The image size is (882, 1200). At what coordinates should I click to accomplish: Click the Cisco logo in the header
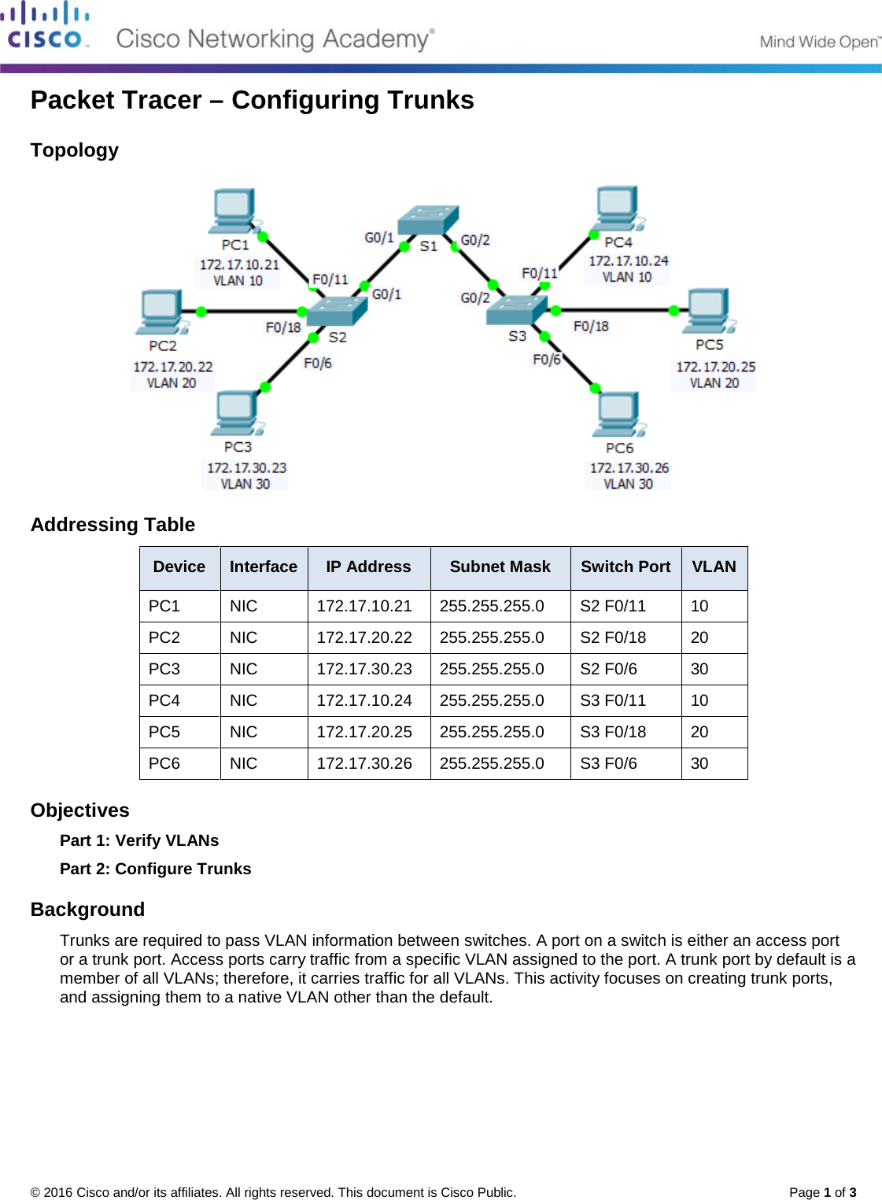click(45, 26)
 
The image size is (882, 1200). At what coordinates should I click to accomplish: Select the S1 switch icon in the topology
click(427, 220)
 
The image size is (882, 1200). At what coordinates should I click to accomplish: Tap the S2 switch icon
click(336, 311)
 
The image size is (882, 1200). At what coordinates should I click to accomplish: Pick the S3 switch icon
click(516, 309)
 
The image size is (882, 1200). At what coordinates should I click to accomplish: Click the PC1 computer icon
click(234, 211)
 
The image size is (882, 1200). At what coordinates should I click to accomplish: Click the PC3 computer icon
click(236, 414)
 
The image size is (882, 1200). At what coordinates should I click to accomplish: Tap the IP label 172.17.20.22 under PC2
click(172, 367)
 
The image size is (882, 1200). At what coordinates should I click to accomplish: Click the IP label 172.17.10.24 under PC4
click(628, 260)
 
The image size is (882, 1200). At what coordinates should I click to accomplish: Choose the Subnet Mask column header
click(500, 567)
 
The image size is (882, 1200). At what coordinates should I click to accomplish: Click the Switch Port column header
click(626, 567)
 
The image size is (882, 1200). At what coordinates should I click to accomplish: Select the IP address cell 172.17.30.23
click(364, 669)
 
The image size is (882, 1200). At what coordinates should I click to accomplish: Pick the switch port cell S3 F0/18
click(613, 732)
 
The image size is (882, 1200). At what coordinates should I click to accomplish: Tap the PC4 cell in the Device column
click(164, 700)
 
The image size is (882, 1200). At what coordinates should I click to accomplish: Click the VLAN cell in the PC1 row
click(699, 606)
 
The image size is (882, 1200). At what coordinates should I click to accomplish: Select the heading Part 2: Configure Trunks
click(156, 869)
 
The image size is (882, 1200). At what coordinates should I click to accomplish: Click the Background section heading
click(87, 910)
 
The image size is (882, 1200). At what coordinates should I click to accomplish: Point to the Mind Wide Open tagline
click(819, 42)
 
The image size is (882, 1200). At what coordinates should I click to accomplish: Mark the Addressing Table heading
click(113, 525)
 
